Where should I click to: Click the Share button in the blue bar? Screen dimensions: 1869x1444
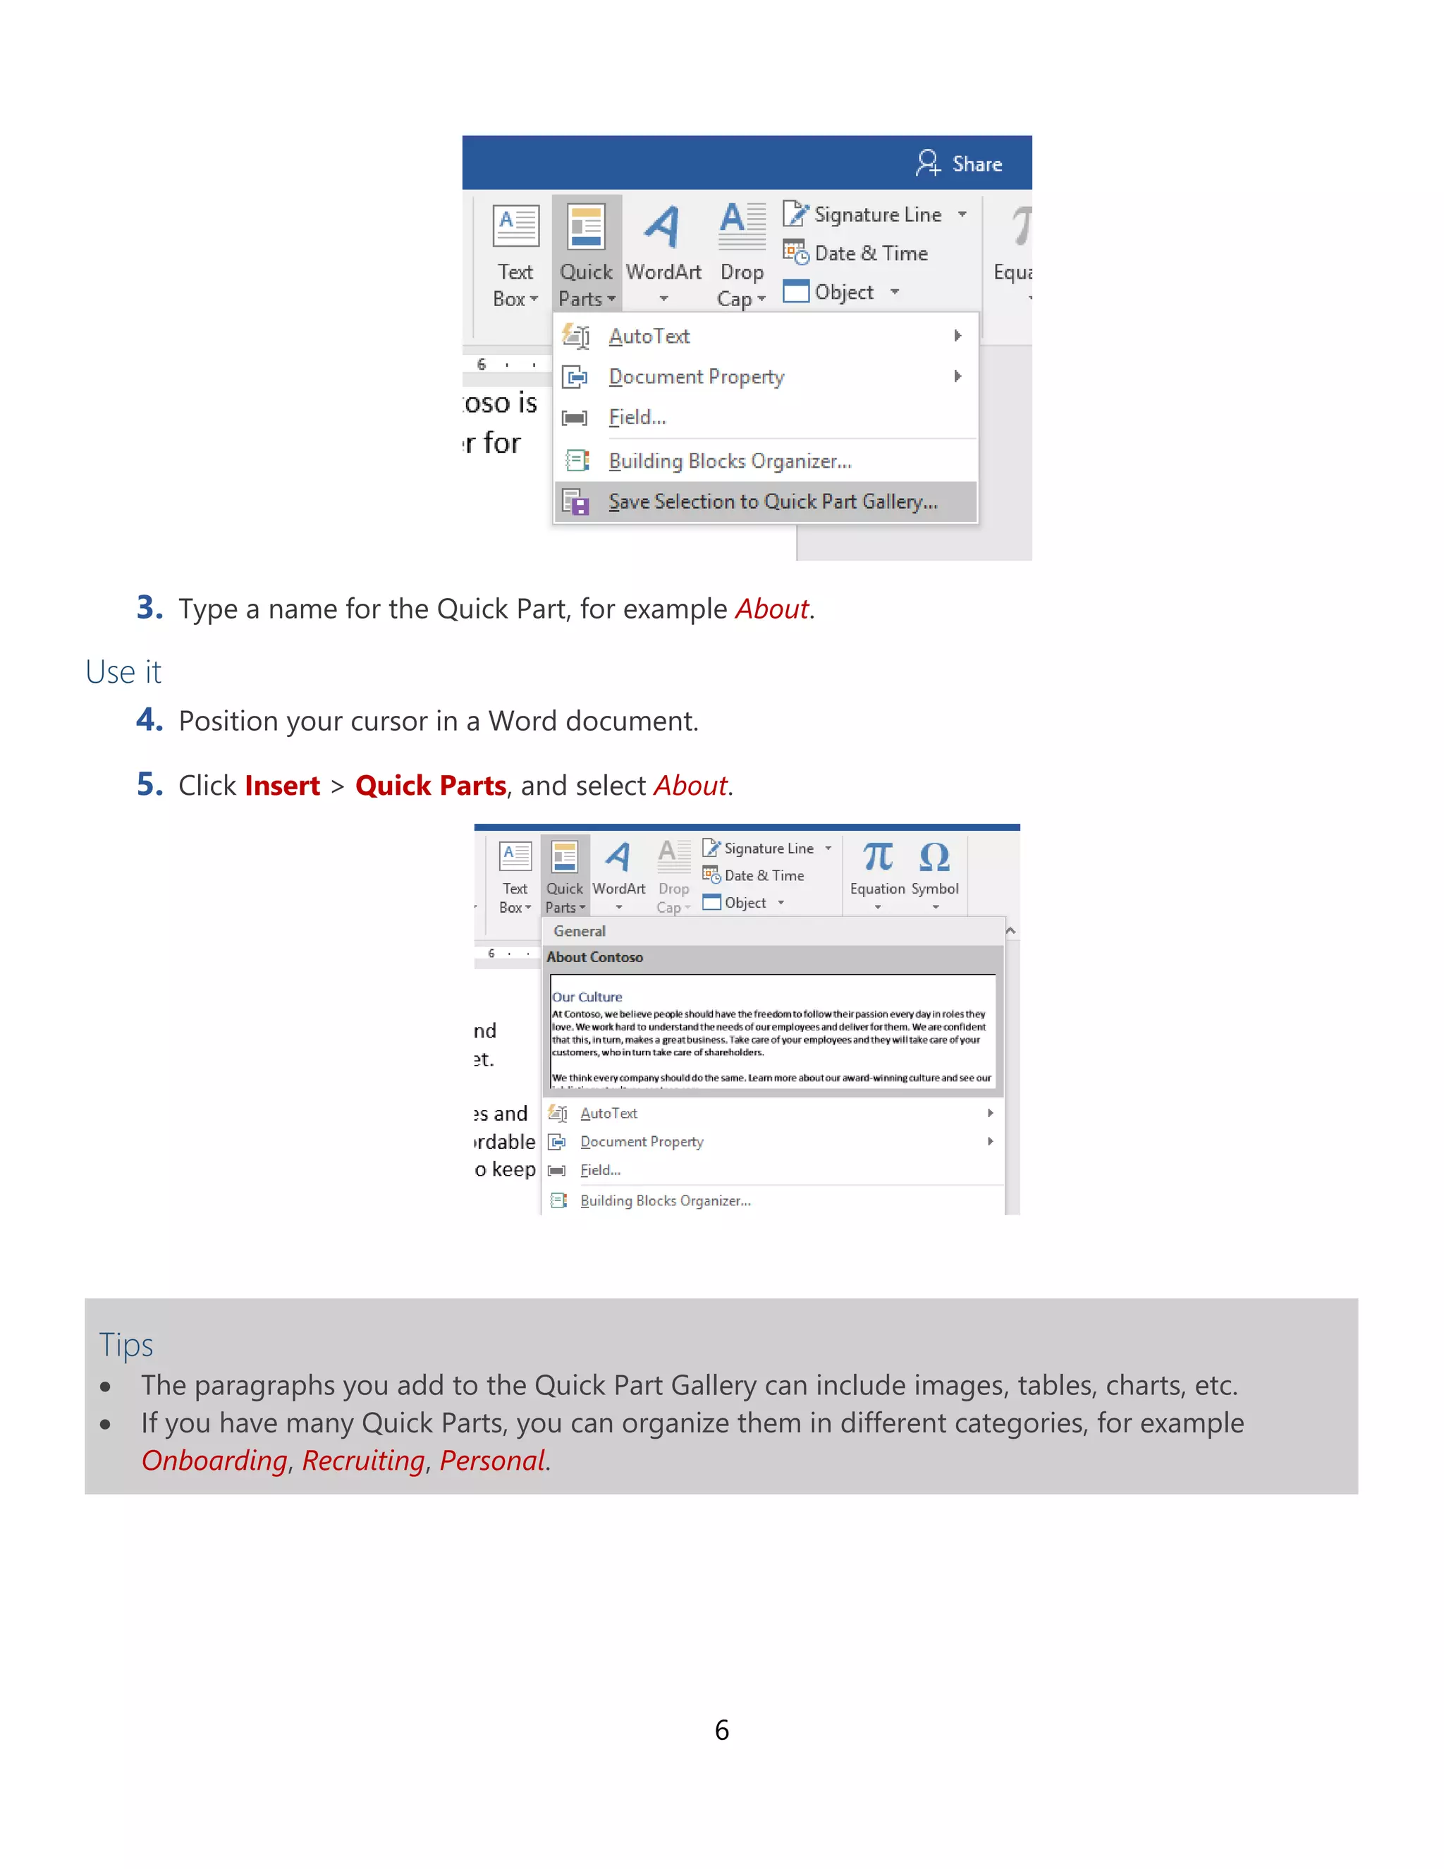[960, 164]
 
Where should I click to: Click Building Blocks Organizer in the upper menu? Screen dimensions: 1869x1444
[729, 461]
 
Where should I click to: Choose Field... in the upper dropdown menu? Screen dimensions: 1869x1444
[637, 418]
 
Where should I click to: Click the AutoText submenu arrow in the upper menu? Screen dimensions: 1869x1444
[957, 336]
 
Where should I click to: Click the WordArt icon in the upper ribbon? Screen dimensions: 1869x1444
[663, 228]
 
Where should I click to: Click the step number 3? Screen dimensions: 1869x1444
[149, 607]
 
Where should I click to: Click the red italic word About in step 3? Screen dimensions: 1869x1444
[771, 609]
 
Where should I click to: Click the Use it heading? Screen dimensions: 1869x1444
[123, 671]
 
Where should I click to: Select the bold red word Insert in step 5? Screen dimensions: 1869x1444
[281, 786]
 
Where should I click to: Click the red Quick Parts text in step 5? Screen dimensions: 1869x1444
[430, 786]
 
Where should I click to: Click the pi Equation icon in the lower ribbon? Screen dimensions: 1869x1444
[877, 857]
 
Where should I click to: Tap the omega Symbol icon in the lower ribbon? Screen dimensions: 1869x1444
[934, 857]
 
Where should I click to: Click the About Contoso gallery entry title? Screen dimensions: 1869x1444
[594, 958]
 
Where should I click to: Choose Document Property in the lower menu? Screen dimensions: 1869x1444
[641, 1142]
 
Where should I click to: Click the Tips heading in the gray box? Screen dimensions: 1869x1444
[126, 1344]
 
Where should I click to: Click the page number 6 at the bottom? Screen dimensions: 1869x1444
[721, 1730]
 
